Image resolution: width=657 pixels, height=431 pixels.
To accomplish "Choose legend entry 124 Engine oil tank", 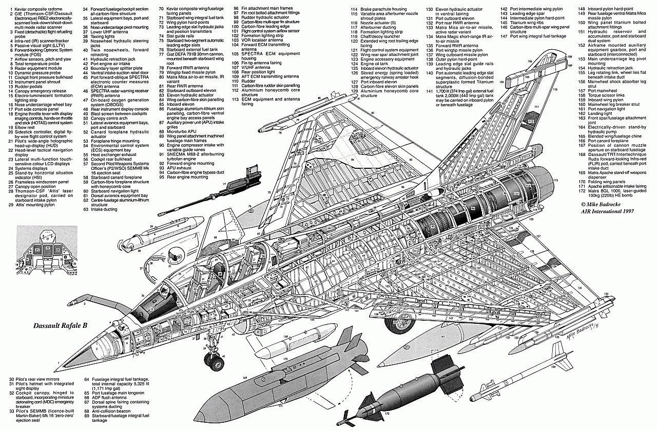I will (379, 64).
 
